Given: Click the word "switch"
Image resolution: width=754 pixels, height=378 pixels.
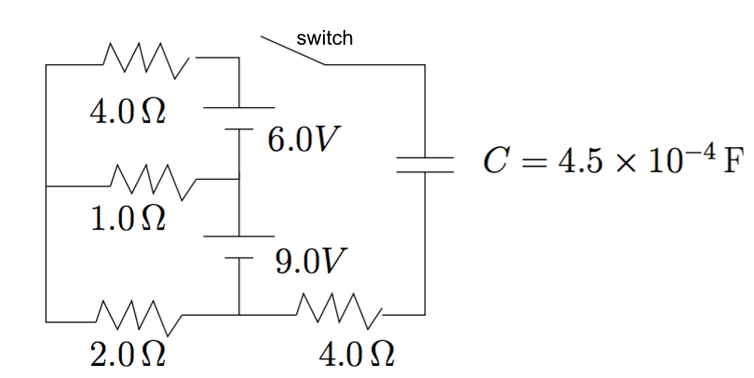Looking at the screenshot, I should (324, 38).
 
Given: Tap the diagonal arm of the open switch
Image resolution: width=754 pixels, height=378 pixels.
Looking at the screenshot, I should (292, 51).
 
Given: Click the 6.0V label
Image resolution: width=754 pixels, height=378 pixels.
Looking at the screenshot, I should (303, 140).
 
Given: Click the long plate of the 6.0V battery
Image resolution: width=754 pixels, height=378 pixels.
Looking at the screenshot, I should (239, 107).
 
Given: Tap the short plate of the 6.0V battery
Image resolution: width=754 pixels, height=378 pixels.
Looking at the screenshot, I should (239, 128).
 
